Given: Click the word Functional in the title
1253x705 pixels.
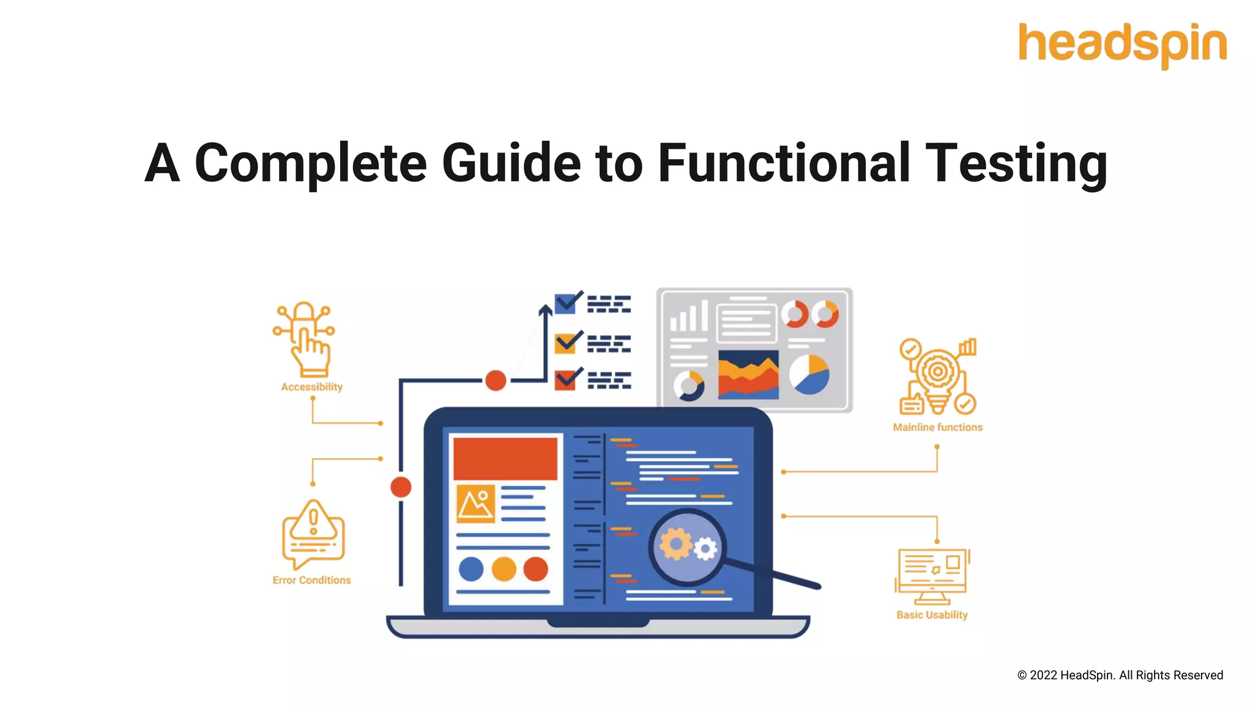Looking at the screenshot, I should click(784, 163).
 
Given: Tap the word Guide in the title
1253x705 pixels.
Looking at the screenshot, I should click(511, 163).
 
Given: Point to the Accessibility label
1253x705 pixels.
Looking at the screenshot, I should click(311, 387).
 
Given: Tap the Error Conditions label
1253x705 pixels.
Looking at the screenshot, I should click(311, 580).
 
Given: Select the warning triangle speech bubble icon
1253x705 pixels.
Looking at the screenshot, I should click(313, 534).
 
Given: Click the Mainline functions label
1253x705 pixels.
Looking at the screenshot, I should click(937, 427).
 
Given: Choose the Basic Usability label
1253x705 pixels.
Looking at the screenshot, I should click(932, 615).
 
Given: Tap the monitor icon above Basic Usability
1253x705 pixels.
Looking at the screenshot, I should click(932, 575).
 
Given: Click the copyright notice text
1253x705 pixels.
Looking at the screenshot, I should click(1120, 675).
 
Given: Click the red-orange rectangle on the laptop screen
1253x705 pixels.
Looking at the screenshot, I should click(505, 458).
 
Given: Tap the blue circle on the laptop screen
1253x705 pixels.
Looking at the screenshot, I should click(470, 569).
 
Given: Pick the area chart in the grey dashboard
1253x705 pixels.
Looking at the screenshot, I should click(748, 374).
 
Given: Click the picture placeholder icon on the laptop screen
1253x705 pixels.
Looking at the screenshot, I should click(475, 504).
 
